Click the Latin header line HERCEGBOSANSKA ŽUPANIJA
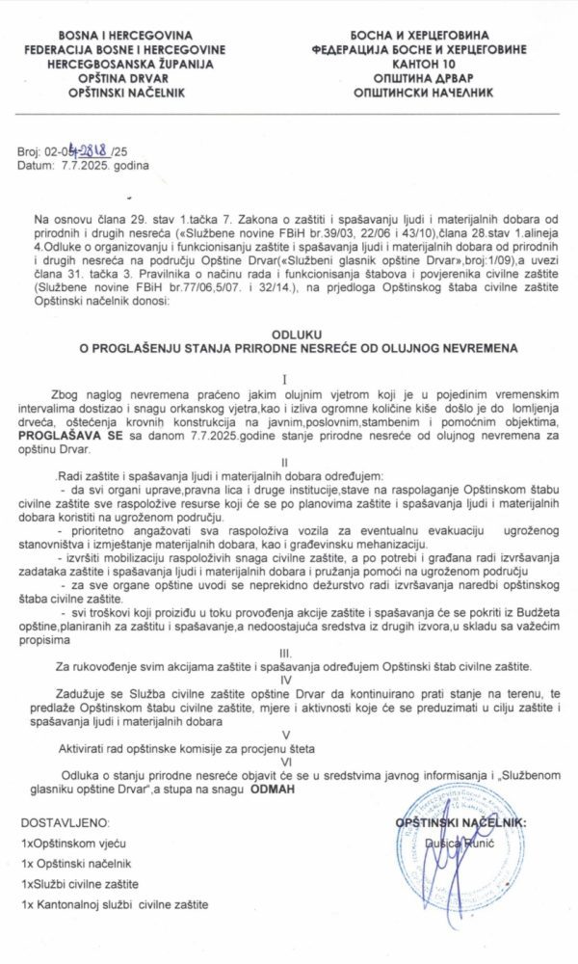135,64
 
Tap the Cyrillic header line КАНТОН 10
415,64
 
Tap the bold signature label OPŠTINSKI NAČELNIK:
461,821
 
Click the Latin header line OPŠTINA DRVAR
135,78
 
